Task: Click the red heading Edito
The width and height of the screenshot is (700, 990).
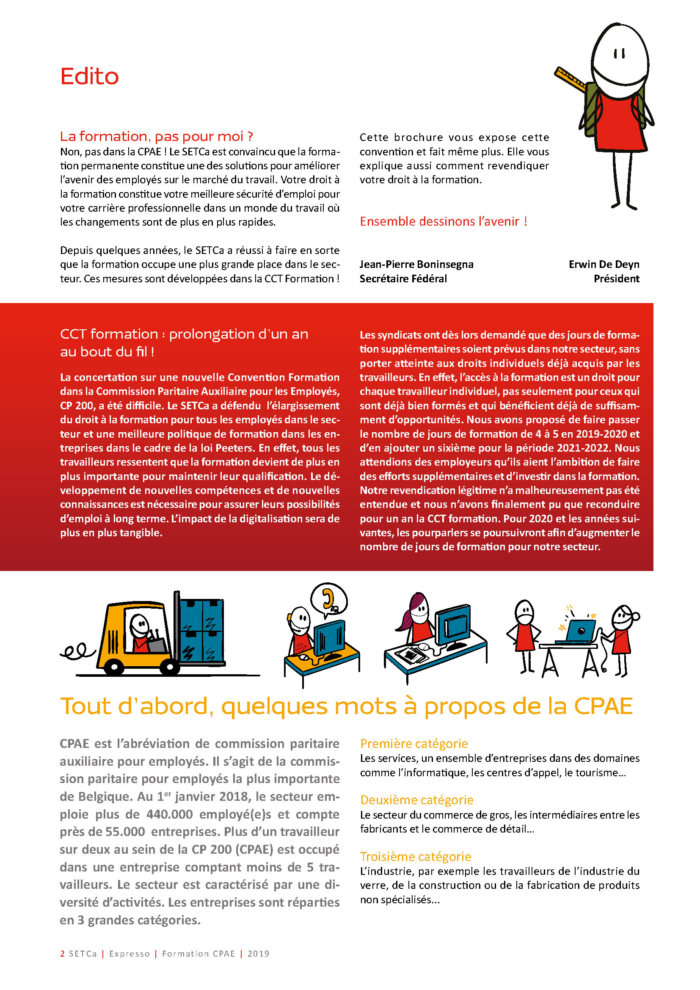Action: point(89,77)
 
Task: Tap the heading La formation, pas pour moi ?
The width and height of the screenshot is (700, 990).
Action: point(156,137)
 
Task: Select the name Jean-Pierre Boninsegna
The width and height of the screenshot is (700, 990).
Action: point(416,264)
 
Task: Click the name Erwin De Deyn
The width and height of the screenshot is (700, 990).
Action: point(604,264)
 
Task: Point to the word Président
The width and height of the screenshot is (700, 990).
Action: point(616,279)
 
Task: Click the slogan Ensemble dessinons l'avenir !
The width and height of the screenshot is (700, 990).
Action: point(443,222)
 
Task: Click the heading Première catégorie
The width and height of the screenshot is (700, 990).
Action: point(414,744)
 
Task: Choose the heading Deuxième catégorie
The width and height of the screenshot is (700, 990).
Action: point(416,800)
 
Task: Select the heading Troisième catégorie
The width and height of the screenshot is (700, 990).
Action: point(416,857)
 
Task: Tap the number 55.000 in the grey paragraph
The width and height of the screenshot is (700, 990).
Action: point(125,832)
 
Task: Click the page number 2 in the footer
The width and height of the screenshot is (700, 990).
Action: point(63,953)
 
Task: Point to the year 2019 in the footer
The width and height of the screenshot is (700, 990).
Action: point(258,953)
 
